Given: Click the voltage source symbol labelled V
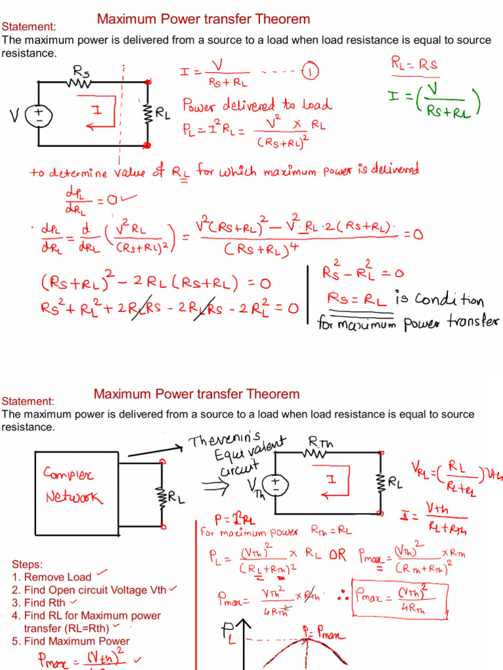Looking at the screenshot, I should coord(38,116).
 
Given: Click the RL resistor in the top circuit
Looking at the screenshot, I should coord(147,113).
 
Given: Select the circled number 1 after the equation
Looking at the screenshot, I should coord(310,72).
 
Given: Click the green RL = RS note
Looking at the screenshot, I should coord(415,64).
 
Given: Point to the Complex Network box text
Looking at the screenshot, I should coord(72,484).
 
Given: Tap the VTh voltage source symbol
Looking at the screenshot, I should coord(275,485).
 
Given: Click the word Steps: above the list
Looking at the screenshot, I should coord(28,564).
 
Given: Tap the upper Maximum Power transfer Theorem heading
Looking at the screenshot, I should coord(203,19).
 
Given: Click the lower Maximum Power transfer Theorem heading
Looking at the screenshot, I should coord(196,394).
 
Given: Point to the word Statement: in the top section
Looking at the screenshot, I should coord(28,26).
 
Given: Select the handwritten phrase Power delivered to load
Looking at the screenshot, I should coord(257,105).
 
